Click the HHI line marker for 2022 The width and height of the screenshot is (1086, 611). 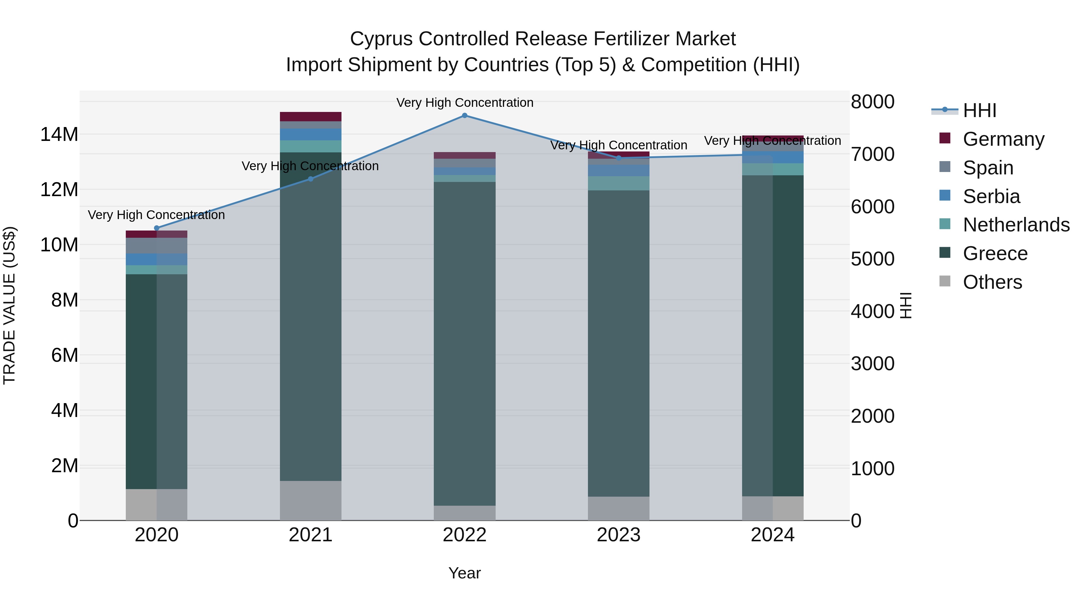click(465, 116)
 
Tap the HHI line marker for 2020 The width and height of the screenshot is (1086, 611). click(157, 228)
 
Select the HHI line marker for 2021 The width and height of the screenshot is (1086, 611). click(311, 179)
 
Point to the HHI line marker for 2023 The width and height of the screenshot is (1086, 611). click(619, 158)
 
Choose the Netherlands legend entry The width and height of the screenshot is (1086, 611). click(1016, 225)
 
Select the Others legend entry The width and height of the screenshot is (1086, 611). click(992, 282)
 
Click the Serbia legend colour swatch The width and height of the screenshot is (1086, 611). click(945, 196)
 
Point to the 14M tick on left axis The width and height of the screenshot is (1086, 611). click(59, 135)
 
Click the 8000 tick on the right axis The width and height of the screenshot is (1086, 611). click(872, 102)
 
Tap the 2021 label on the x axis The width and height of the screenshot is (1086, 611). click(311, 535)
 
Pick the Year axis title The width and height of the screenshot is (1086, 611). click(465, 574)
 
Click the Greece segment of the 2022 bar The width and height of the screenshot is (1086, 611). click(465, 344)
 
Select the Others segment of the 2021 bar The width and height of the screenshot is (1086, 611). click(311, 501)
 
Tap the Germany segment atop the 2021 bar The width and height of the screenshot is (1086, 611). click(311, 117)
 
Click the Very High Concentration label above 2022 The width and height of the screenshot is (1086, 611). click(465, 103)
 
